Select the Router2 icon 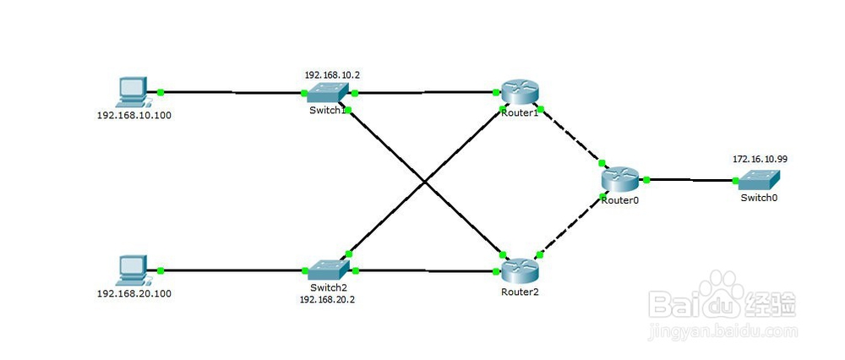tap(520, 270)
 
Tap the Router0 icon tap(619, 179)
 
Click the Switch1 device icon tap(327, 93)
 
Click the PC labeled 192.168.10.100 tap(133, 92)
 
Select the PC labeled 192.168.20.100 tap(133, 270)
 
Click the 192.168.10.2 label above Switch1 tap(332, 75)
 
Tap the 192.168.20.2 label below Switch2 tap(327, 299)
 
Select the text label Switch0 tap(759, 197)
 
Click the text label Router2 tap(520, 292)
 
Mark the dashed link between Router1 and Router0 tap(571, 136)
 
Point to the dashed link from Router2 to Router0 tap(571, 226)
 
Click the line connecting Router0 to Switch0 tap(691, 180)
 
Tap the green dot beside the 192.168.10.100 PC tap(160, 92)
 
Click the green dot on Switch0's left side tap(736, 181)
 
